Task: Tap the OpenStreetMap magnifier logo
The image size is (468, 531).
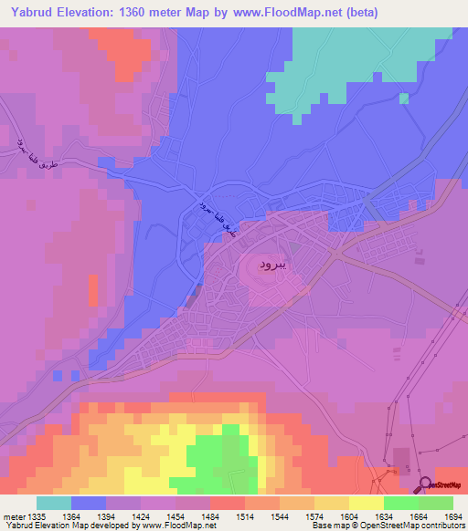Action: click(x=425, y=484)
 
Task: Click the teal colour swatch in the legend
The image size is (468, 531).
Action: click(x=53, y=503)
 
